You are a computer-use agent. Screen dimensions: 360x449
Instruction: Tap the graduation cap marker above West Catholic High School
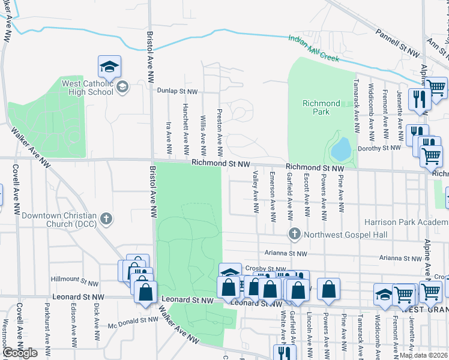point(110,67)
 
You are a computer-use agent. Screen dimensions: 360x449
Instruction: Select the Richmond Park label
point(321,107)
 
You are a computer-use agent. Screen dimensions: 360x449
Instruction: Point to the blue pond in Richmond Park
point(340,149)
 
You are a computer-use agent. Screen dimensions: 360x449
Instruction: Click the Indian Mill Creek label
point(313,49)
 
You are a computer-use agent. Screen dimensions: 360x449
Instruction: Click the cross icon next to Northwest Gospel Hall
point(294,233)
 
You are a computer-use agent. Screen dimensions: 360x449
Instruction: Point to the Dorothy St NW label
point(379,148)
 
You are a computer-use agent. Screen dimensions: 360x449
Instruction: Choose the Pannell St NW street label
point(397,44)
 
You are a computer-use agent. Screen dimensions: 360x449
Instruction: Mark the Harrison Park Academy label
point(406,221)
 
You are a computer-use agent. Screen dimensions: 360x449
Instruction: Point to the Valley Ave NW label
point(256,192)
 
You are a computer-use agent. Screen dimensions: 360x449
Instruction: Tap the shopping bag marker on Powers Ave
point(329,290)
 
